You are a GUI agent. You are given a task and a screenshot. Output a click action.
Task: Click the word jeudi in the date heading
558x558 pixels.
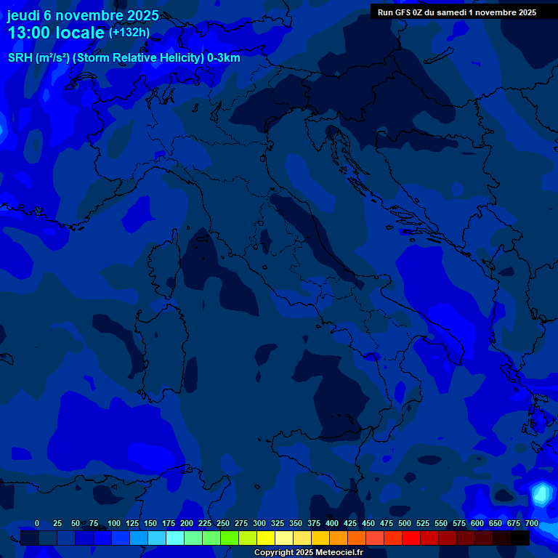[x=23, y=15]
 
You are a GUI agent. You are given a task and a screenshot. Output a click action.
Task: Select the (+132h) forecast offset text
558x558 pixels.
[x=129, y=32]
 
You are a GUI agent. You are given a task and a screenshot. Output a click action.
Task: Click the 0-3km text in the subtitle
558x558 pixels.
[x=224, y=58]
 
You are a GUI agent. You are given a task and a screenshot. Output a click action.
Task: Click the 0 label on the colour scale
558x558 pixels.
[x=37, y=523]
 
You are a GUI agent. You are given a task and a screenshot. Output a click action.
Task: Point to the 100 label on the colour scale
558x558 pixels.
[x=114, y=523]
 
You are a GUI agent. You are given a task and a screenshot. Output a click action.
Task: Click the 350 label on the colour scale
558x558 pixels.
[x=296, y=523]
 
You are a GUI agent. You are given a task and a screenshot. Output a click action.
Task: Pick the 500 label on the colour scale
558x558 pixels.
[x=405, y=523]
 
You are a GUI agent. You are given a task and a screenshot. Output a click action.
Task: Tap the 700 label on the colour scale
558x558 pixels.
[x=532, y=523]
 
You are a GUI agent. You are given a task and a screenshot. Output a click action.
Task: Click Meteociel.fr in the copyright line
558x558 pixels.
[x=339, y=552]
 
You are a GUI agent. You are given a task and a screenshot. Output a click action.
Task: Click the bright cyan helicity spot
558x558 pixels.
[x=541, y=495]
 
